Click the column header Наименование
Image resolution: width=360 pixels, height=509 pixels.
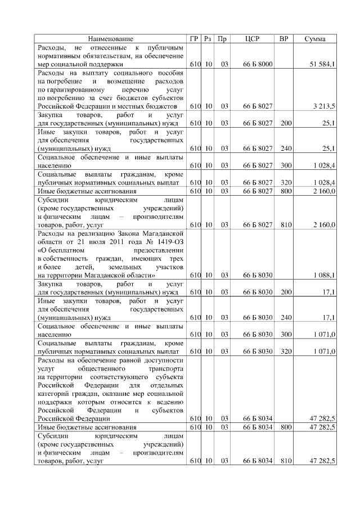(110, 39)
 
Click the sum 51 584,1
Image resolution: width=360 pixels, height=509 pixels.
(323, 65)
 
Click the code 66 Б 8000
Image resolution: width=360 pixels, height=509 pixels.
(258, 65)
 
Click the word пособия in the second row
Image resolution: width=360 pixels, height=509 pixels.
(170, 73)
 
